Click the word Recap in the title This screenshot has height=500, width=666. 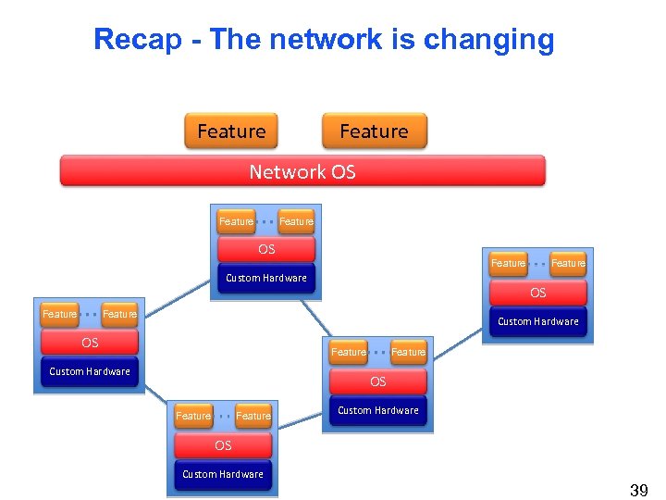138,40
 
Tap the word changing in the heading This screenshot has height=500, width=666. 489,41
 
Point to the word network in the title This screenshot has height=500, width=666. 326,39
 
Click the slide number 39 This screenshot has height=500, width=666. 639,490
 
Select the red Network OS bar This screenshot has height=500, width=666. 302,171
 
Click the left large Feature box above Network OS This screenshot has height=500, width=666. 231,131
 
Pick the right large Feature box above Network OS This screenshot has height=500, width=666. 375,131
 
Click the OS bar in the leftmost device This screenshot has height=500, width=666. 90,343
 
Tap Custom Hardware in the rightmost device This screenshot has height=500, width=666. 538,321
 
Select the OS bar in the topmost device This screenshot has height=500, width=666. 266,249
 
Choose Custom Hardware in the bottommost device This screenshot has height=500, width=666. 223,474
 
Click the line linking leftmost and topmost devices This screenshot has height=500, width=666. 178,298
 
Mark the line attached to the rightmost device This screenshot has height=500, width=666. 458,344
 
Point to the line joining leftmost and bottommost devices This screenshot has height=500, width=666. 155,394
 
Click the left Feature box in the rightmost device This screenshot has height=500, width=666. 508,264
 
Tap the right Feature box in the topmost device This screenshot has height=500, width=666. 296,221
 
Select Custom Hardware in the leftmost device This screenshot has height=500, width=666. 90,371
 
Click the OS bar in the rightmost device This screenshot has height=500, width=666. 538,293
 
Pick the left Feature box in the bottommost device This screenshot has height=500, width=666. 193,416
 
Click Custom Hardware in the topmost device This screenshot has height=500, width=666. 266,278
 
